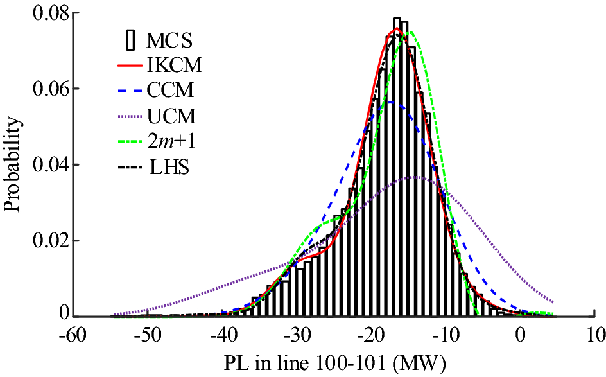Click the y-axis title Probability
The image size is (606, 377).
pyautogui.click(x=12, y=164)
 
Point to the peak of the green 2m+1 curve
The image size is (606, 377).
pyautogui.click(x=410, y=32)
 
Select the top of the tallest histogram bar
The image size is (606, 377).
pyautogui.click(x=397, y=19)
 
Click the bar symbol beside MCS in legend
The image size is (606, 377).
pyautogui.click(x=131, y=42)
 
